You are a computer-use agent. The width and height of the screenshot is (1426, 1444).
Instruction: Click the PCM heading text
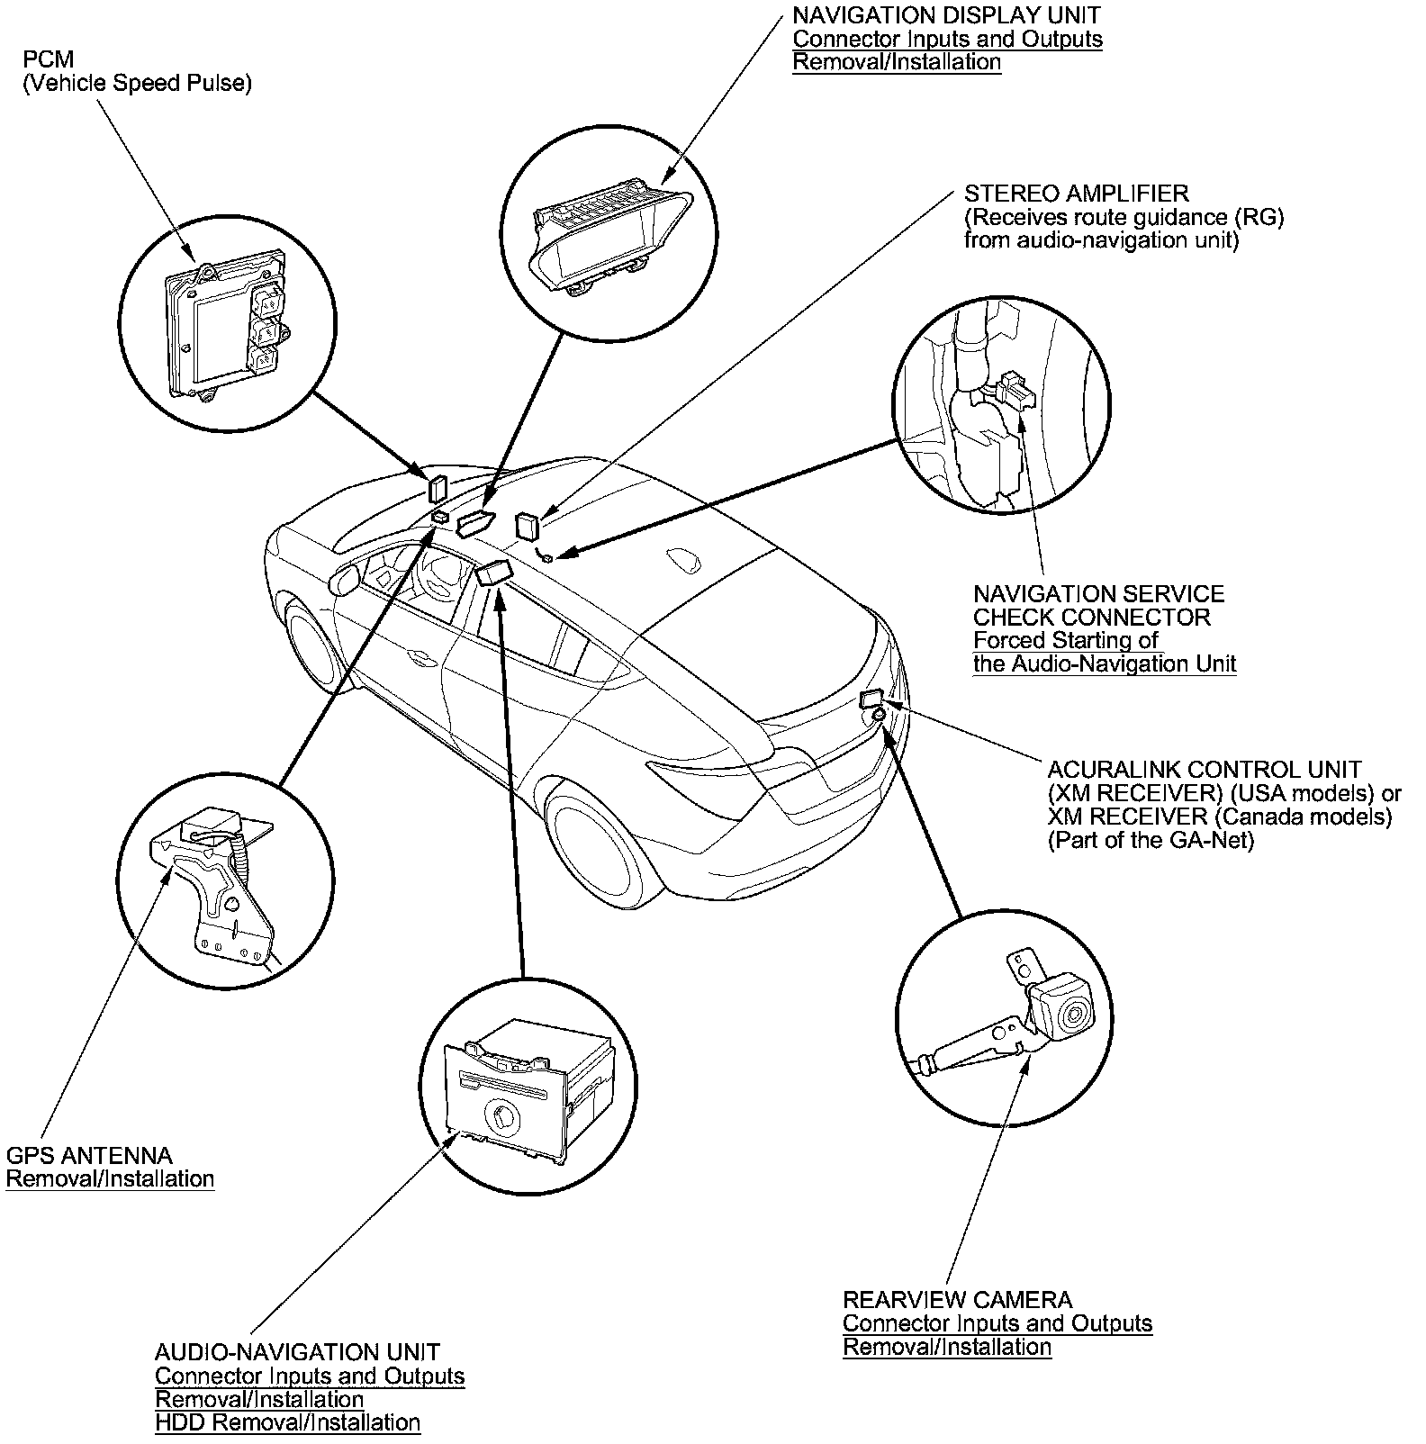click(x=49, y=59)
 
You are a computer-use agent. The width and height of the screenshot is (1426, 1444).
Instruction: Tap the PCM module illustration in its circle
click(x=225, y=324)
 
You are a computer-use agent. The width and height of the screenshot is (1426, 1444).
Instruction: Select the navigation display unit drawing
click(x=609, y=234)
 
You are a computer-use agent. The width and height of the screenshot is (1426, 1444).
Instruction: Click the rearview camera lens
click(x=1074, y=1016)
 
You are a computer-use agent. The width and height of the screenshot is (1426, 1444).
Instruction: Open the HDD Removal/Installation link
click(x=287, y=1422)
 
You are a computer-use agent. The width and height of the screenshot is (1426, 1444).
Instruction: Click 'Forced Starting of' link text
click(x=1066, y=640)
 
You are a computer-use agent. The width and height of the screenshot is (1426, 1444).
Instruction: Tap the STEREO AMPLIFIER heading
click(x=1076, y=194)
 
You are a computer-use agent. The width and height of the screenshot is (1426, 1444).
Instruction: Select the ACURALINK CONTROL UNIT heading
click(x=1205, y=770)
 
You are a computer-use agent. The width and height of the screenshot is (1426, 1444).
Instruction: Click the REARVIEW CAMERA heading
click(x=957, y=1300)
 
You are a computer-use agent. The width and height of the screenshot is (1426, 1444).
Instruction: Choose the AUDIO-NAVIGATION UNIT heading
click(x=297, y=1352)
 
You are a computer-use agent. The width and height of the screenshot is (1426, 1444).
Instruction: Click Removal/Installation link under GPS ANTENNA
click(x=110, y=1178)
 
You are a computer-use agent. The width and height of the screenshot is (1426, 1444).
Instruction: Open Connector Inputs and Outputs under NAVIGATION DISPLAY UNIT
click(x=947, y=39)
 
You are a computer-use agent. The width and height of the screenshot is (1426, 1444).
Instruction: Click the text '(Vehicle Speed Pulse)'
click(x=137, y=83)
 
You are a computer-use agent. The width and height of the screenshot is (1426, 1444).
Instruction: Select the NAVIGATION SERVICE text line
click(x=1098, y=594)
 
